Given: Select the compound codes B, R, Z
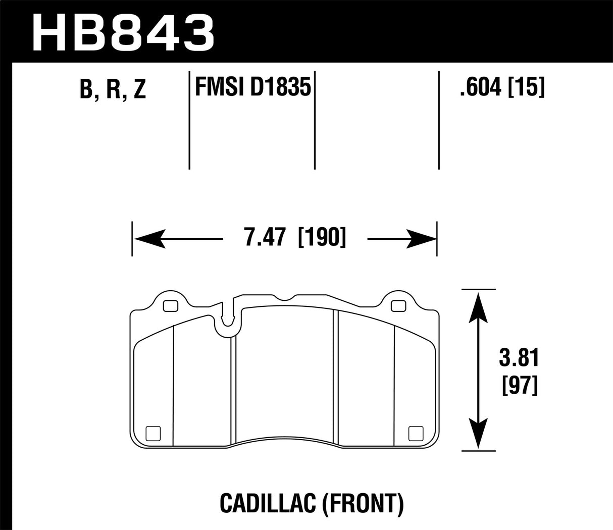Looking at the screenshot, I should (x=113, y=89).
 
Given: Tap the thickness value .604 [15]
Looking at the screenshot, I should (x=501, y=88).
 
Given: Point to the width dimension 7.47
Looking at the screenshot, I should (x=266, y=237).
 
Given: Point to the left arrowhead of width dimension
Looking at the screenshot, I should (x=149, y=238).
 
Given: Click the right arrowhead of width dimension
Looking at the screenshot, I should (x=420, y=238).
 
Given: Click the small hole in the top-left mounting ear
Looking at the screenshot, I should (x=171, y=305).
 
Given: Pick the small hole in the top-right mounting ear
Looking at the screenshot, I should (x=398, y=305).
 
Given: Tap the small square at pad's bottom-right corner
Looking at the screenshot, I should (x=415, y=433).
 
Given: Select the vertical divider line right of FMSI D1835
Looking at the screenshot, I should (x=315, y=121).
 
